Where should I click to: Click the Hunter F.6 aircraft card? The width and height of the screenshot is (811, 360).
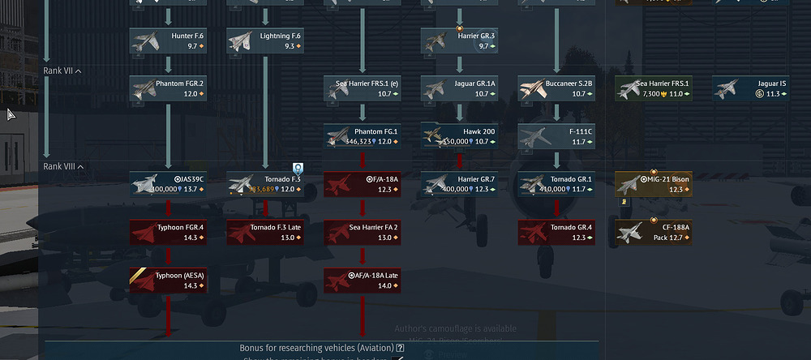pyautogui.click(x=168, y=41)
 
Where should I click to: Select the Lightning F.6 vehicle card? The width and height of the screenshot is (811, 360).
pyautogui.click(x=265, y=41)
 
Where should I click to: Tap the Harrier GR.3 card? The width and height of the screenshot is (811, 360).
pyautogui.click(x=459, y=41)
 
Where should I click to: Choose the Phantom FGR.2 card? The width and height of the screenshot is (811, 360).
pyautogui.click(x=168, y=88)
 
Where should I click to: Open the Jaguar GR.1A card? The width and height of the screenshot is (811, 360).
pyautogui.click(x=459, y=88)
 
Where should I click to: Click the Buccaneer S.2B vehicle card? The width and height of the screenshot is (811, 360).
pyautogui.click(x=556, y=88)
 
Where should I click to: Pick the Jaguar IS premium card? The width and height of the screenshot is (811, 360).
pyautogui.click(x=750, y=88)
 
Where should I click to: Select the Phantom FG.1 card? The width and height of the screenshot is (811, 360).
pyautogui.click(x=362, y=136)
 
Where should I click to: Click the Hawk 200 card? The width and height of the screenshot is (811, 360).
pyautogui.click(x=459, y=136)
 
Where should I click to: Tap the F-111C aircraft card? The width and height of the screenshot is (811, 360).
pyautogui.click(x=556, y=136)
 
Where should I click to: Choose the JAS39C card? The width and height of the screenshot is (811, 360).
pyautogui.click(x=168, y=184)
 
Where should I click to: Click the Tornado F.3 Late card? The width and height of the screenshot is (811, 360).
pyautogui.click(x=265, y=232)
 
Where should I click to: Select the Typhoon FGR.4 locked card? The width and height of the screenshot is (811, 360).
pyautogui.click(x=168, y=232)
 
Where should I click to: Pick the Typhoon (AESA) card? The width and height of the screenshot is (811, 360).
pyautogui.click(x=168, y=280)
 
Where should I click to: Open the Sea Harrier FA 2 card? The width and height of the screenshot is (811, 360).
pyautogui.click(x=362, y=232)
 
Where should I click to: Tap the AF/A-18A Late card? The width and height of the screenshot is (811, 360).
pyautogui.click(x=362, y=280)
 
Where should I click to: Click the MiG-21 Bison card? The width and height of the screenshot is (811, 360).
pyautogui.click(x=654, y=184)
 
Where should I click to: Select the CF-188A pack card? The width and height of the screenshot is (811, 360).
pyautogui.click(x=654, y=232)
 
